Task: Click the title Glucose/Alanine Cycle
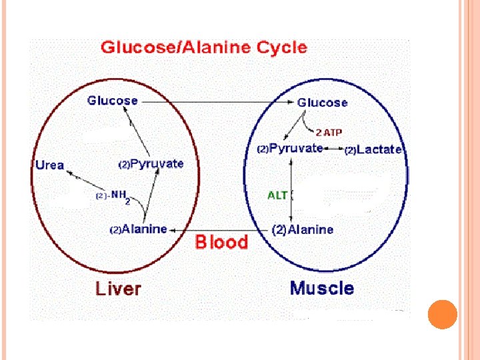pos(203,47)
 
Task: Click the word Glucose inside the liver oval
pos(113,101)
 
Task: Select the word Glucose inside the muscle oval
pos(322,103)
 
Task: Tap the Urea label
pos(49,165)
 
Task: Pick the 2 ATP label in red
pos(329,132)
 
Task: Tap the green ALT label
pos(277,195)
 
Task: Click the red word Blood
pos(221,242)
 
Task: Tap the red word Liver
pos(119,289)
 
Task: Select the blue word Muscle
pos(322,288)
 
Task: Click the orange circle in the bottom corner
pos(442,314)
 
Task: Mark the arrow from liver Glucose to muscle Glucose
pos(217,102)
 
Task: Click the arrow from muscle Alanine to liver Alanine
pos(220,229)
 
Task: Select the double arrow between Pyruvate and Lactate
pos(334,149)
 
